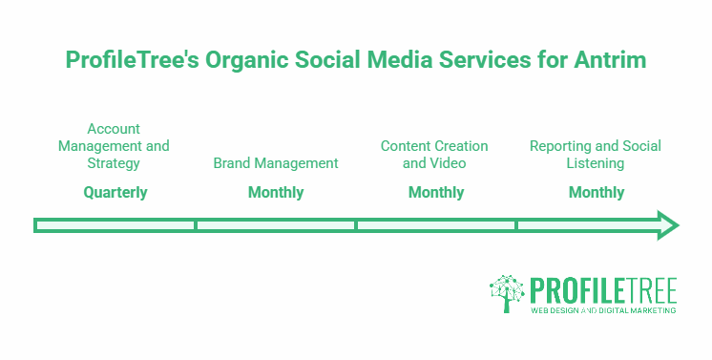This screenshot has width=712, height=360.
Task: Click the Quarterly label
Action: coord(115,192)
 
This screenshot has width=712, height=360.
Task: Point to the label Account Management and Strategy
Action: coord(114,146)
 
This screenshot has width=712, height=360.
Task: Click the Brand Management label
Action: coord(276,163)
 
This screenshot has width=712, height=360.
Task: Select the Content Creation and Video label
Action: coord(434,155)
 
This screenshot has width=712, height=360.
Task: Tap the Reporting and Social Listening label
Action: coord(596,155)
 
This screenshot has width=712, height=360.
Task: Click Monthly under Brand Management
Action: coord(276,192)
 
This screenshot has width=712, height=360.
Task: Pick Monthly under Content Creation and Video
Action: coord(436,192)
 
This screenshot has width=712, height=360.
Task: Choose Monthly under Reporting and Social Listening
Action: coord(597,192)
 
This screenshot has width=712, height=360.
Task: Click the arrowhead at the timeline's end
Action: coord(667,225)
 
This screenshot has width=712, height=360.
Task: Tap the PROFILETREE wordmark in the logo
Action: coord(604,289)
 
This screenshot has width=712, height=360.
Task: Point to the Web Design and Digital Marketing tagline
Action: coord(604,310)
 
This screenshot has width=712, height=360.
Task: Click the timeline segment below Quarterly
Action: coord(115,225)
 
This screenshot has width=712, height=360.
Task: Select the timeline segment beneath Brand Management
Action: coord(276,225)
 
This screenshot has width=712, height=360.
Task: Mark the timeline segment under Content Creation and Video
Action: coord(436,225)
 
